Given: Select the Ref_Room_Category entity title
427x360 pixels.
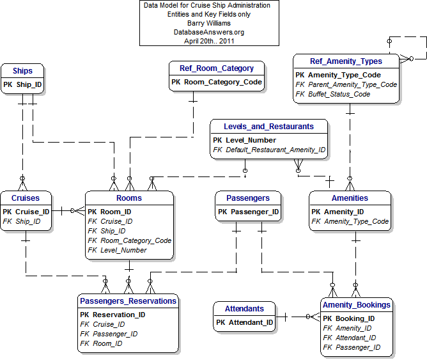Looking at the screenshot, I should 216,68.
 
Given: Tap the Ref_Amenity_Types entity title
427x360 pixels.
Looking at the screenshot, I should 346,61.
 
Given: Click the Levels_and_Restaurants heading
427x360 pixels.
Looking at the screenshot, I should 268,127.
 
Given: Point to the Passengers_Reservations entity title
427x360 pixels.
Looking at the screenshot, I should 128,301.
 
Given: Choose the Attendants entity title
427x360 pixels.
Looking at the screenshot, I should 244,308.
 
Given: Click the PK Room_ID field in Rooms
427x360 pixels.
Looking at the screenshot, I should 109,212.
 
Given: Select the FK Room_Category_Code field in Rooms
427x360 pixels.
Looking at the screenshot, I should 130,240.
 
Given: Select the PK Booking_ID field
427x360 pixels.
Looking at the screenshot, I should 349,318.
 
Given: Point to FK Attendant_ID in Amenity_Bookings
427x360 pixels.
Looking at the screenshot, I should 350,338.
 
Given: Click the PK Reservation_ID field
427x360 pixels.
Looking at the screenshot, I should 113,315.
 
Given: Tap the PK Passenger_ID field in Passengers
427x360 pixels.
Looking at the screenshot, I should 248,212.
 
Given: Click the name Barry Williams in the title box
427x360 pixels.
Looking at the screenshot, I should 205,22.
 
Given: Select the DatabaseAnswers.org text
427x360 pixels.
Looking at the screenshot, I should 205,31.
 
